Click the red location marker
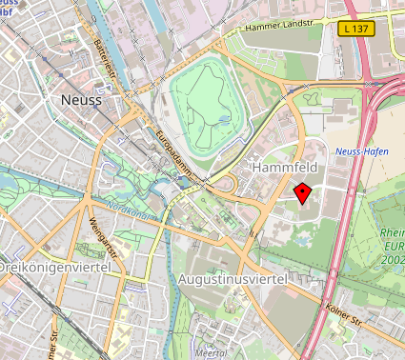click(303, 193)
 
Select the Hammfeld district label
click(282, 167)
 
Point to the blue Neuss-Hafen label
click(362, 152)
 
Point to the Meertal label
click(210, 351)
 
